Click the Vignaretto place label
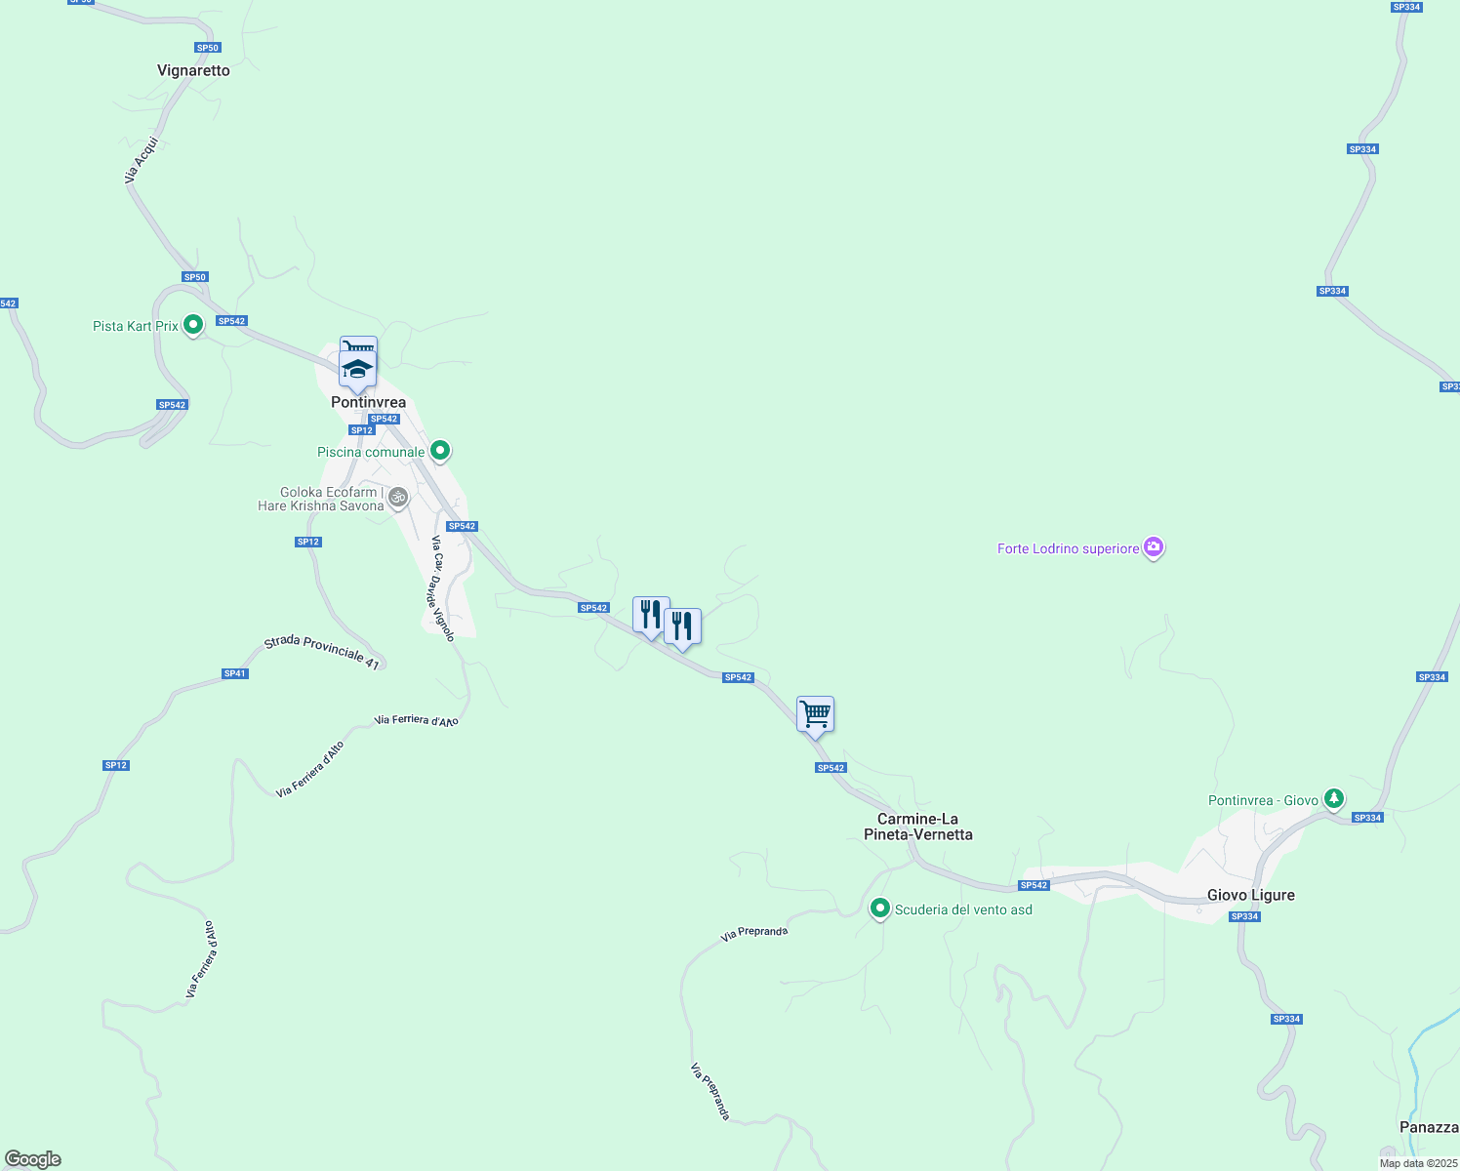point(193,70)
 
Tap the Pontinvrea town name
point(368,402)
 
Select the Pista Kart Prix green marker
point(193,324)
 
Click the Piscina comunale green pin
point(440,450)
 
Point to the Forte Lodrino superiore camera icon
point(1154,547)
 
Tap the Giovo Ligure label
point(1250,895)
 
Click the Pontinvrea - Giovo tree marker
point(1333,799)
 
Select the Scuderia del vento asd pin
point(880,909)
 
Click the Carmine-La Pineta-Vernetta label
point(918,827)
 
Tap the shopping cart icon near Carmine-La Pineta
point(815,714)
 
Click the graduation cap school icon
point(357,370)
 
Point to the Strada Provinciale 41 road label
point(321,652)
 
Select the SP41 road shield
point(234,673)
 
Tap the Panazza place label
point(1429,1127)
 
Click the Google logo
point(33,1159)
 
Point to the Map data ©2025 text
point(1417,1163)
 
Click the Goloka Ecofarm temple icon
point(397,498)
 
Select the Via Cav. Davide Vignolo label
point(443,588)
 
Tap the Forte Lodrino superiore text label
point(1068,548)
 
